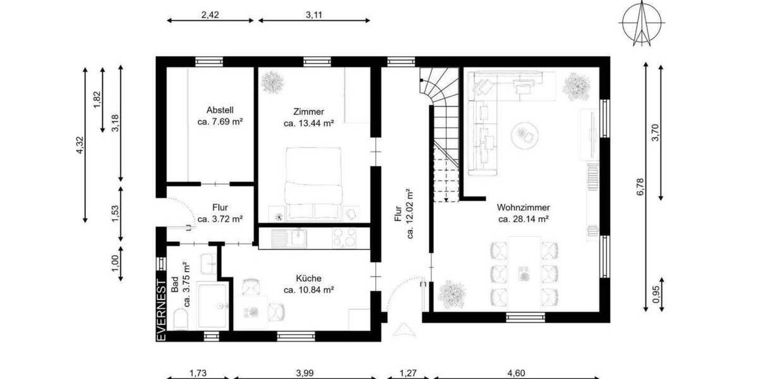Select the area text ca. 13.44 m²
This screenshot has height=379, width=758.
[x=308, y=124]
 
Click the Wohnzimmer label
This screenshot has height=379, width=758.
[x=522, y=207]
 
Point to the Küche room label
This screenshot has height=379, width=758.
[x=308, y=279]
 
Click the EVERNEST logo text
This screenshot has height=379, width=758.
[x=161, y=310]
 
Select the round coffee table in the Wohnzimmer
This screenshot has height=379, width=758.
[x=524, y=135]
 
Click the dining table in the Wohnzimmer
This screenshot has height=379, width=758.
[x=524, y=269]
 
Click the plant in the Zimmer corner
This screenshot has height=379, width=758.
[x=272, y=82]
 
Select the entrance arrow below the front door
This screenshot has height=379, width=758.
[x=406, y=328]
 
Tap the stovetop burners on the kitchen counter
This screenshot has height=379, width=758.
[x=344, y=238]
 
